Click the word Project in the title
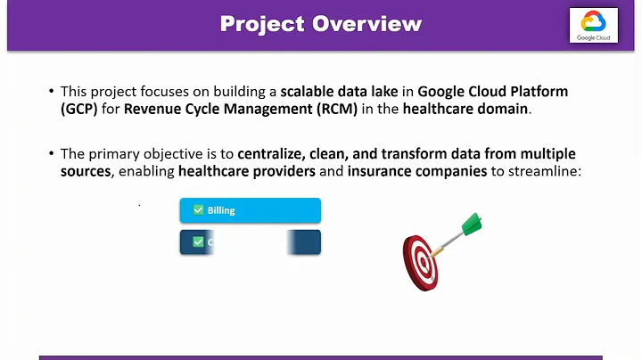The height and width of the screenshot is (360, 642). pos(262,24)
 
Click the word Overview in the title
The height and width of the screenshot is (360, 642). pos(366,24)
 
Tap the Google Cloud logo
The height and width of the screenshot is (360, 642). pos(595,26)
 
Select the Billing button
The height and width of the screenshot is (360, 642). pos(250,210)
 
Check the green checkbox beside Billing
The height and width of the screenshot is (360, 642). pos(198,210)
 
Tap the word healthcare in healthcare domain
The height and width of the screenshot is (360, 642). pos(439,109)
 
